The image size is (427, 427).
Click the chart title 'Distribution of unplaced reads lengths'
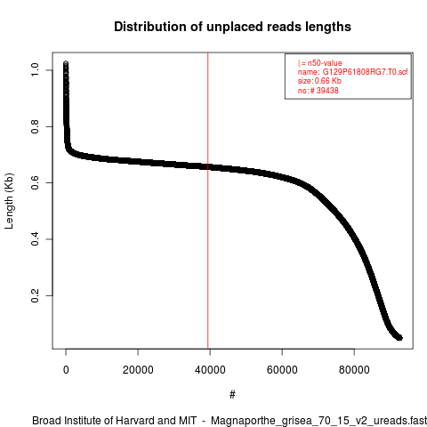[232, 27]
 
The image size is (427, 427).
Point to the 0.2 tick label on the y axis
[35, 295]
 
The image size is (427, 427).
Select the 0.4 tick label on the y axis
[35, 239]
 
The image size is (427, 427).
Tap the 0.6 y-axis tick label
[35, 183]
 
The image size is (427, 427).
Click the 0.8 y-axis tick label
[35, 126]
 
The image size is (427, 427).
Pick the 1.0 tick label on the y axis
[35, 70]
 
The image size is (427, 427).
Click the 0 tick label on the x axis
[66, 370]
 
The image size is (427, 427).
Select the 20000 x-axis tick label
[138, 370]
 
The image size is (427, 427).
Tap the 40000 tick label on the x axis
[210, 370]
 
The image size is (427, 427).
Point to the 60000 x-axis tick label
[282, 370]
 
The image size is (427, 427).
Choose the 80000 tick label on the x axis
[354, 370]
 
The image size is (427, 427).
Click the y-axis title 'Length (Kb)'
[9, 201]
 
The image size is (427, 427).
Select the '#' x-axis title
[232, 395]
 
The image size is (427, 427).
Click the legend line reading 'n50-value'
[320, 63]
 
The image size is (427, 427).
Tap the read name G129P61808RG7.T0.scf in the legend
[365, 72]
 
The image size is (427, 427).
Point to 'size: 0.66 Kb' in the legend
[319, 81]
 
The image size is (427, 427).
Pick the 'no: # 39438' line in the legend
[318, 91]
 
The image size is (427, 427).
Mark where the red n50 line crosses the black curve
[208, 167]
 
